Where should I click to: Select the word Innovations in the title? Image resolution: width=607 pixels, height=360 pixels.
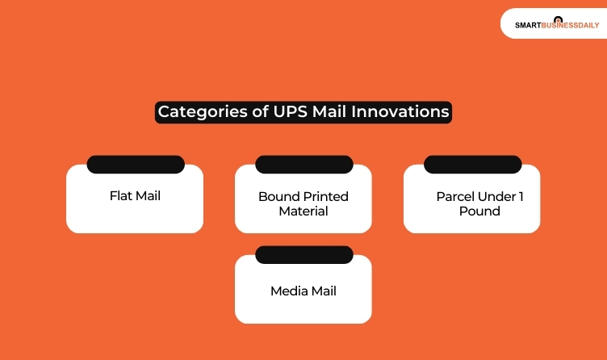(401, 111)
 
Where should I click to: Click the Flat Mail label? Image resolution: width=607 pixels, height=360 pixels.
(135, 195)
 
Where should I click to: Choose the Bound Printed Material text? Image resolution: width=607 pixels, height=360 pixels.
(303, 203)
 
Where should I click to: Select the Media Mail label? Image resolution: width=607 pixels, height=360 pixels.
(303, 291)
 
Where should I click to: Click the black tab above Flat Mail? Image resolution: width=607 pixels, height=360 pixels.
(135, 165)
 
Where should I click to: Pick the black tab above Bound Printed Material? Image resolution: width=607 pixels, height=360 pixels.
(303, 165)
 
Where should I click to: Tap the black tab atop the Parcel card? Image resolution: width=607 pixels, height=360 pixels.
(472, 165)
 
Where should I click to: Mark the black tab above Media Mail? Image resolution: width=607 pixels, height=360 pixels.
(303, 255)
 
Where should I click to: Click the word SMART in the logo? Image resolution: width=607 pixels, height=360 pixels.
(528, 25)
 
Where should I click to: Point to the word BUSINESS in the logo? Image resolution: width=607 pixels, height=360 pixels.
(560, 25)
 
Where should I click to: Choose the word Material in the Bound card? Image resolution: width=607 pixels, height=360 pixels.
(303, 211)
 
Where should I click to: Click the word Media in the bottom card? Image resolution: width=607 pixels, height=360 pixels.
(287, 291)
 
